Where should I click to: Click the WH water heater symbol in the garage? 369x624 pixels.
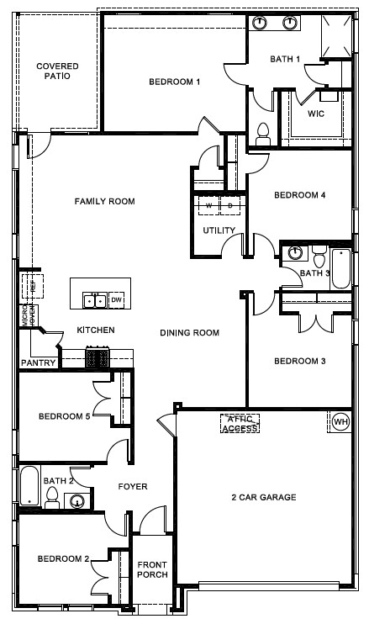pyautogui.click(x=340, y=421)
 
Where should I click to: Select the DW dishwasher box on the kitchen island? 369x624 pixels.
pyautogui.click(x=117, y=300)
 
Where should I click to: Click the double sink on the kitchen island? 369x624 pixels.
pyautogui.click(x=93, y=300)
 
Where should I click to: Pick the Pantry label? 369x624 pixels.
pyautogui.click(x=39, y=363)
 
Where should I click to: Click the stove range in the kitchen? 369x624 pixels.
pyautogui.click(x=98, y=359)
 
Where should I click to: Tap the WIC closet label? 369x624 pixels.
pyautogui.click(x=316, y=113)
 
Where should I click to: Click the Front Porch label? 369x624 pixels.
pyautogui.click(x=153, y=569)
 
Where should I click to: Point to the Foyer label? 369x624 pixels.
pyautogui.click(x=133, y=486)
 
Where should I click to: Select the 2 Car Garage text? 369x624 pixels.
pyautogui.click(x=264, y=498)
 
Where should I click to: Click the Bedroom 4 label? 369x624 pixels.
pyautogui.click(x=299, y=194)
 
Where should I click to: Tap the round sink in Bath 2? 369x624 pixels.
pyautogui.click(x=76, y=502)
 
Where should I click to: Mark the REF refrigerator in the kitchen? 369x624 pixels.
pyautogui.click(x=33, y=285)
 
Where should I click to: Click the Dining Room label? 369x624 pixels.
pyautogui.click(x=189, y=333)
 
